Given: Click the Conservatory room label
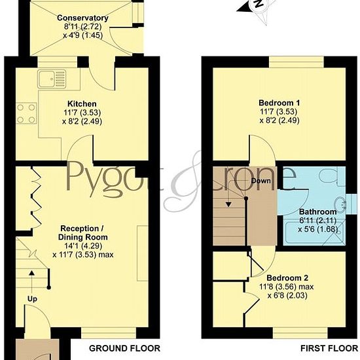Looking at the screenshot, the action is coord(82,18).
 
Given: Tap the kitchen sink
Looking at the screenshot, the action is coord(52,79).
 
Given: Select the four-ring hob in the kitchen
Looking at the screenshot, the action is coord(26,113).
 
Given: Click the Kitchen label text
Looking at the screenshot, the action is coord(82,104).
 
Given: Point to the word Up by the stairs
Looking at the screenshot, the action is coord(32,299).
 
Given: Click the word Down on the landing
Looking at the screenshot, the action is coord(261,181).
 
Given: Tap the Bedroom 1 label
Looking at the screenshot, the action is coord(279,103).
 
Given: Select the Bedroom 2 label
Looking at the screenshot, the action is coord(287,278).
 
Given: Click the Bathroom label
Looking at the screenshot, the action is coord(318,211).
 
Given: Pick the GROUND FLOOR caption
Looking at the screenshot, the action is coord(124,348).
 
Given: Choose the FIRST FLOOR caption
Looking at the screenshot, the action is coord(329,348).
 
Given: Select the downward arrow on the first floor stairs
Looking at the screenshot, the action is coord(228,193).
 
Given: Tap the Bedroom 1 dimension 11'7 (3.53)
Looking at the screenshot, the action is coord(279,111).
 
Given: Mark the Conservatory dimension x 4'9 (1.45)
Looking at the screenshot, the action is coord(82,35).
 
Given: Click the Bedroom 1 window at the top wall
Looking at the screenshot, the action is coord(297,62).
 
